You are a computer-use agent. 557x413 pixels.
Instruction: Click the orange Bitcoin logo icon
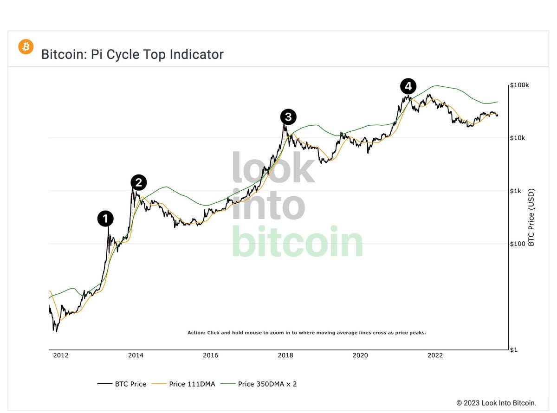(26, 47)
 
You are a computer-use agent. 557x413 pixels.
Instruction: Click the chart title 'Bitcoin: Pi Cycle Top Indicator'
(132, 54)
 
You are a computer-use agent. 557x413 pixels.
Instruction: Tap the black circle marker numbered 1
(105, 219)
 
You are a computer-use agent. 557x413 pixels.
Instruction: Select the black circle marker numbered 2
(139, 183)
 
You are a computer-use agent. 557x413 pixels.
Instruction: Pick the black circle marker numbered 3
(288, 117)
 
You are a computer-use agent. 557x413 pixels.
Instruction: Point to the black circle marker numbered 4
(408, 86)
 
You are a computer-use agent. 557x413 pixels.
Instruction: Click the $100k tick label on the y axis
(519, 85)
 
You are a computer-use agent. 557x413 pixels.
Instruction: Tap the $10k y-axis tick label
(518, 138)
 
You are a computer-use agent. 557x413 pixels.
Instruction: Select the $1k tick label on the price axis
(516, 191)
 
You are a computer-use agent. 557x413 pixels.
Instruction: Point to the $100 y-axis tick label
(517, 244)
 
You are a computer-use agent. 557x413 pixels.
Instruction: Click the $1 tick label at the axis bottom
(513, 349)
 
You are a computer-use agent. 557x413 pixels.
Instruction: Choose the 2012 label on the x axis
(61, 355)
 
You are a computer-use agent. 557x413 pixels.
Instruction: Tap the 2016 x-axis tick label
(210, 355)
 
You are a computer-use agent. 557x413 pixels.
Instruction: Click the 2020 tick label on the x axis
(360, 355)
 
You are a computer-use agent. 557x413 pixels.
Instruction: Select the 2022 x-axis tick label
(435, 355)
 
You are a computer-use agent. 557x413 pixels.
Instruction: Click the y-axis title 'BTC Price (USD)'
(531, 217)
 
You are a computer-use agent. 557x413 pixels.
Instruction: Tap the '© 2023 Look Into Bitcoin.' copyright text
(496, 403)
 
